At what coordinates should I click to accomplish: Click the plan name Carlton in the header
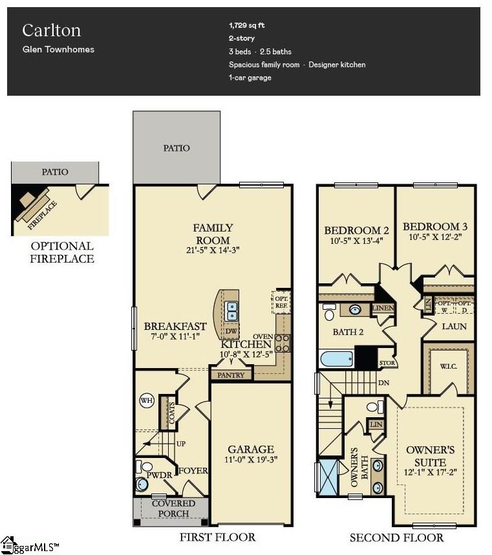(51, 30)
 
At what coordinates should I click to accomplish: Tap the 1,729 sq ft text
(246, 26)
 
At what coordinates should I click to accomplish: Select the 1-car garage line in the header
(250, 78)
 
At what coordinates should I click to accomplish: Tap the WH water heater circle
(146, 401)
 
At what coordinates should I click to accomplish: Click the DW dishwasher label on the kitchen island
(231, 332)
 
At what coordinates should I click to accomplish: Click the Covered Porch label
(173, 508)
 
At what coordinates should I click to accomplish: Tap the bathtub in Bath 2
(336, 358)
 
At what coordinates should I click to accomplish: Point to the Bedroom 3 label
(434, 226)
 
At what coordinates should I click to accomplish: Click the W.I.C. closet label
(448, 366)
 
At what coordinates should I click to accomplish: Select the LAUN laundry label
(454, 327)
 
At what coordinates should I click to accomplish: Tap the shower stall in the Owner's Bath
(329, 478)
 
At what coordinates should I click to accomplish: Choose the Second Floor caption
(396, 538)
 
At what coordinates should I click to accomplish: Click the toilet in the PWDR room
(147, 467)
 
